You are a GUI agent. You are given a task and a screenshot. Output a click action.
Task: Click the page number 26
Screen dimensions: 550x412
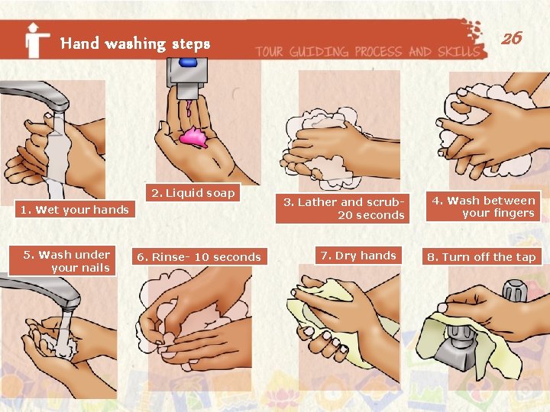point(512,38)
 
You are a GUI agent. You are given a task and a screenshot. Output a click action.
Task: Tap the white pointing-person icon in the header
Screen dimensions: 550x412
point(36,40)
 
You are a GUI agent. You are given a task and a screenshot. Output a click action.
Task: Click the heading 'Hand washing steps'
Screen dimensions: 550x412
point(135,43)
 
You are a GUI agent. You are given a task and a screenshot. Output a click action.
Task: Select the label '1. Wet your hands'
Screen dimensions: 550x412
point(75,209)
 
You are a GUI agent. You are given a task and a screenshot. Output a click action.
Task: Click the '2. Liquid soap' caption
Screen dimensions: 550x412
point(193,192)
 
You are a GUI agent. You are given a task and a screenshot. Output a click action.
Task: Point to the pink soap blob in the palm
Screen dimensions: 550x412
point(194,137)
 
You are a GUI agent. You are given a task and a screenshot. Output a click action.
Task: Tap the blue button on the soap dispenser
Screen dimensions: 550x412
point(188,63)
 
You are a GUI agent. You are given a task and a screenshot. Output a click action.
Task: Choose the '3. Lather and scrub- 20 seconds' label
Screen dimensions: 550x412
point(342,208)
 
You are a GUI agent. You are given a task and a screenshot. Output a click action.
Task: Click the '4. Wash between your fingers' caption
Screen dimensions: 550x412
point(483,206)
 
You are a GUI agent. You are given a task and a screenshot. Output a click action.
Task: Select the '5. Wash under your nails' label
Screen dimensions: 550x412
point(62,261)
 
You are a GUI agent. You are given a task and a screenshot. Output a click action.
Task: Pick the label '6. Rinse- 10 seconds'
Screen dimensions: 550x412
point(199,257)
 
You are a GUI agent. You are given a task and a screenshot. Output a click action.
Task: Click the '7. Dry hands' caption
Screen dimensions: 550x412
point(358,256)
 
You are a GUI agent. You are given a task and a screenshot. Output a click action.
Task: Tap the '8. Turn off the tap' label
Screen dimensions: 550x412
point(481,257)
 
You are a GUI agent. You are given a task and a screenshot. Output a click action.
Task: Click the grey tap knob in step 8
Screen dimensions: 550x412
point(515,291)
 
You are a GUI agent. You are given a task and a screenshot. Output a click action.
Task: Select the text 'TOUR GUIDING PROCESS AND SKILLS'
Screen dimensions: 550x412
point(367,52)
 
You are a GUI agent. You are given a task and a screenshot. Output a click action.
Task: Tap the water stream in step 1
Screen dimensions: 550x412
point(57,154)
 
